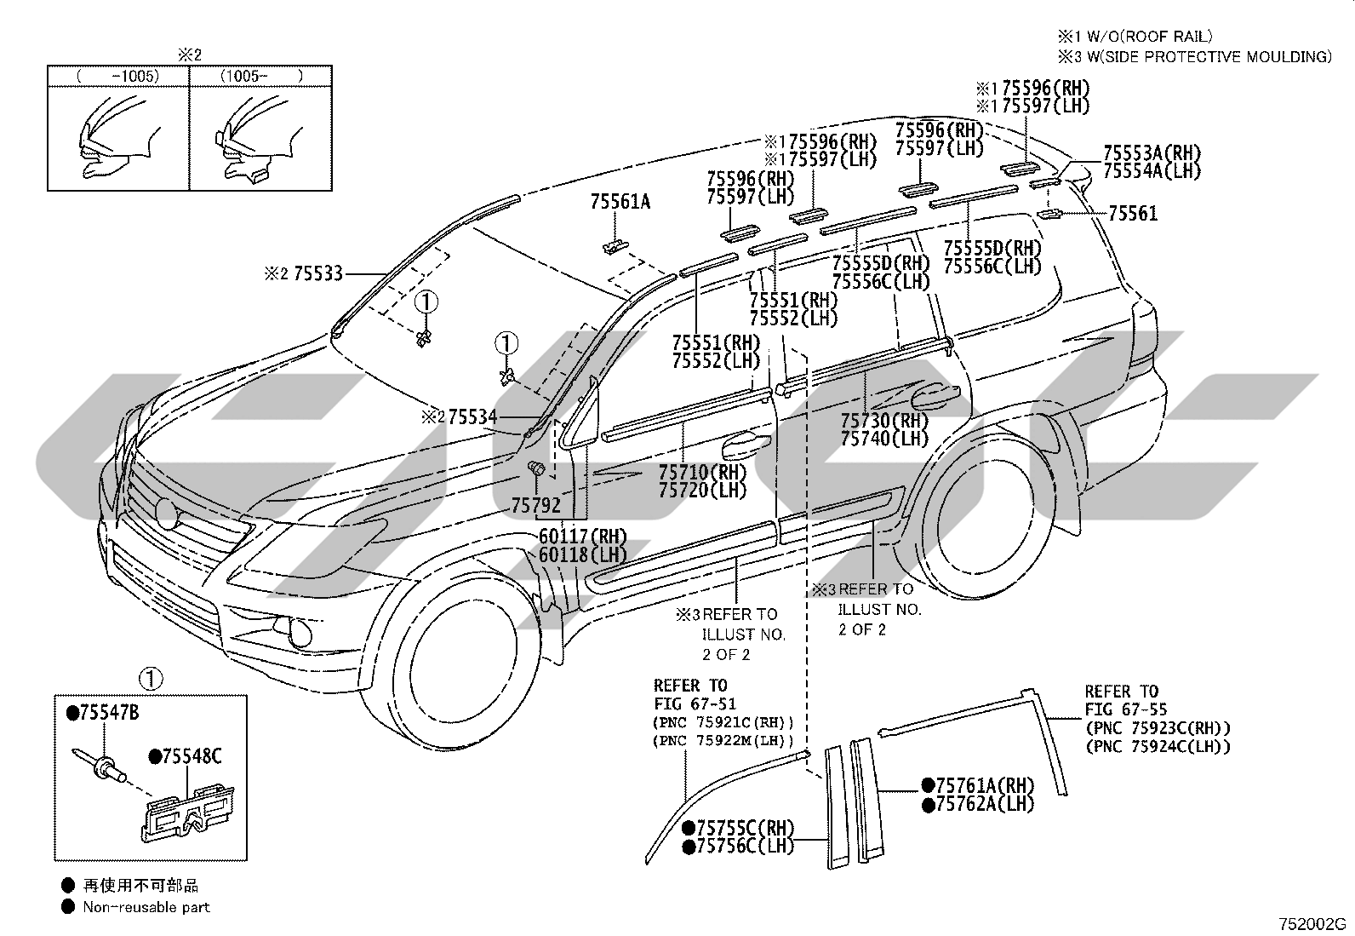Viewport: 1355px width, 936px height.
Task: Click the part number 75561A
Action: [x=620, y=202]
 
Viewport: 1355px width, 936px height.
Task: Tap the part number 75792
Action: [x=536, y=505]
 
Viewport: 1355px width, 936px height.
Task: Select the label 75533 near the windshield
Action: [x=318, y=273]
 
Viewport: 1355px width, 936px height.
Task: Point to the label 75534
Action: [x=473, y=416]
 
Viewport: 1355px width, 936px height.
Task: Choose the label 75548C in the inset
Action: [x=192, y=756]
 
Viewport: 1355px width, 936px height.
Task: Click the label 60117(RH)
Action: [x=582, y=537]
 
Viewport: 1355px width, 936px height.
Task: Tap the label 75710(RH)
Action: [x=702, y=472]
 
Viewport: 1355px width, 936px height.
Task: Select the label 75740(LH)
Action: [x=883, y=439]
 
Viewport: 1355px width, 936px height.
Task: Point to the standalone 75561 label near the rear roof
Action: [x=1133, y=213]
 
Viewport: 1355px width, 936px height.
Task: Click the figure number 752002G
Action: [x=1312, y=924]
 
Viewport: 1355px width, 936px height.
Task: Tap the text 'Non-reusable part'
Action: [x=146, y=907]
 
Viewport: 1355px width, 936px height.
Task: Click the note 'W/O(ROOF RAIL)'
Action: [x=1149, y=37]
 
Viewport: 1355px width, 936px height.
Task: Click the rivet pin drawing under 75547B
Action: [x=100, y=766]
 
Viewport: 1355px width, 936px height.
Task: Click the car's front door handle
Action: [x=745, y=445]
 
